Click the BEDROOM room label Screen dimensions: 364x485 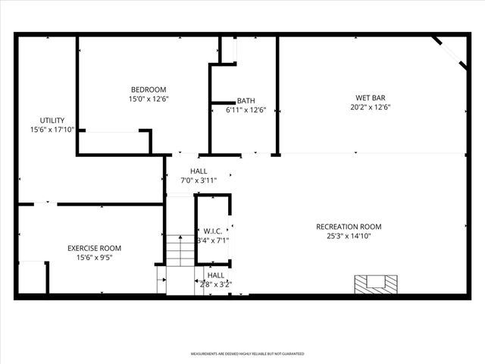point(149,89)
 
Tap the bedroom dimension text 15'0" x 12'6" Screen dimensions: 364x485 point(149,99)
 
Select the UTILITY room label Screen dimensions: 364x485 point(52,121)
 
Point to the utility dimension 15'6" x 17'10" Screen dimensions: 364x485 point(52,130)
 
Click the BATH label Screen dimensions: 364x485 point(246,101)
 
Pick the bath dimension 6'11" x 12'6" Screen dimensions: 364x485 point(246,110)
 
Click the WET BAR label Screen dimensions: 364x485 point(371,98)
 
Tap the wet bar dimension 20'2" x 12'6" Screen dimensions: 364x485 point(371,107)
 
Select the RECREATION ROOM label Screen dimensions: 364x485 point(349,227)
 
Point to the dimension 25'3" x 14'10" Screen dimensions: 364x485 point(349,236)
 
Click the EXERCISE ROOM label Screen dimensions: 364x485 point(94,248)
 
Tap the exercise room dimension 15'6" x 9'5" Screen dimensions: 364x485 point(94,257)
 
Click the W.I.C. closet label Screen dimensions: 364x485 point(213,231)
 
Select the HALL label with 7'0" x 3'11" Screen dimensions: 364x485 point(199,171)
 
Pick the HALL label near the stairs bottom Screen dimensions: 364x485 point(216,275)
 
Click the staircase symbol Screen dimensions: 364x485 point(180,251)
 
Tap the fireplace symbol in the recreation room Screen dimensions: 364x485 point(376,283)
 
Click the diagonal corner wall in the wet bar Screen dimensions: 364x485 point(450,52)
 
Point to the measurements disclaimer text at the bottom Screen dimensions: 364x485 point(247,353)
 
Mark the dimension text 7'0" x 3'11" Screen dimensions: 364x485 point(199,180)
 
